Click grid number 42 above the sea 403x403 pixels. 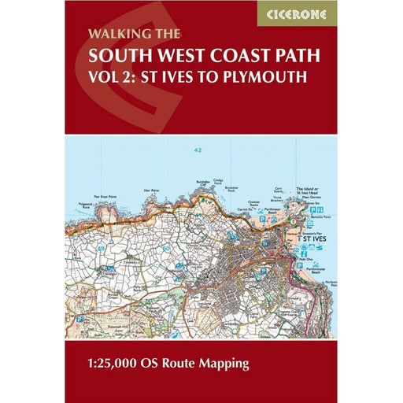point(199,150)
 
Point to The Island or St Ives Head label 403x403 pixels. point(309,192)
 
